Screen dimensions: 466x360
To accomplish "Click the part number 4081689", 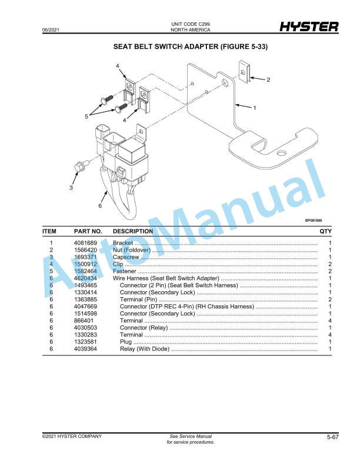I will (x=85, y=243).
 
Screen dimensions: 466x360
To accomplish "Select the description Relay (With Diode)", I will (x=145, y=349).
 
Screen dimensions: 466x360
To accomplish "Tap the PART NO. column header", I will (x=88, y=231).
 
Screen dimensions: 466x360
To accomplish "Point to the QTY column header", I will (x=326, y=231).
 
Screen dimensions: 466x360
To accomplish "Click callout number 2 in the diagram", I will (x=268, y=79).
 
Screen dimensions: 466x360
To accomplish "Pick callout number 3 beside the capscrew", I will (x=71, y=188).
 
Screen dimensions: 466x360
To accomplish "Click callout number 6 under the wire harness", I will (x=100, y=206).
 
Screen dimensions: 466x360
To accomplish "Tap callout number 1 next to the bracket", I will (x=254, y=108).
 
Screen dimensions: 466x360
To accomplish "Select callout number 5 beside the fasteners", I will (x=86, y=116).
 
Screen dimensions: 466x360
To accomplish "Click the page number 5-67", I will (x=333, y=437).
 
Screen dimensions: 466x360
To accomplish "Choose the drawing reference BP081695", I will (x=313, y=221).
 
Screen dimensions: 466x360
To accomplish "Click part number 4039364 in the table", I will (x=85, y=349).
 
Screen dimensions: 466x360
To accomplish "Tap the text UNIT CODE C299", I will (x=190, y=24).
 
